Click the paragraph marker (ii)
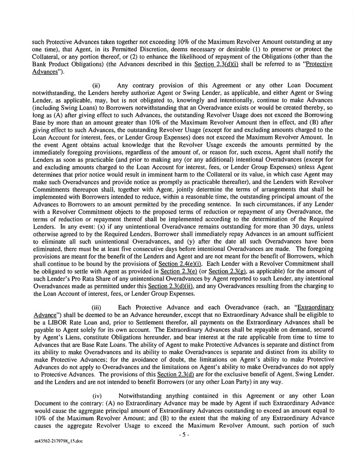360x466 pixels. [96, 85]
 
